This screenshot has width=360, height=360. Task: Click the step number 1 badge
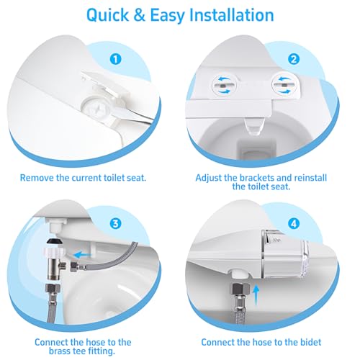[x=116, y=59]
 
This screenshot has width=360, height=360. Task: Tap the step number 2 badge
[x=294, y=59]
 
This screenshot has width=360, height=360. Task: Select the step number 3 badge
[x=116, y=223]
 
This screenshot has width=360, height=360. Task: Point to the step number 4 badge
[x=294, y=224]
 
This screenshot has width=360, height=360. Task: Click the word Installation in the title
[x=232, y=15]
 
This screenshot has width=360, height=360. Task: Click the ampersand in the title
[x=139, y=15]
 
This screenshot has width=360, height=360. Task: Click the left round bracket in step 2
[x=225, y=85]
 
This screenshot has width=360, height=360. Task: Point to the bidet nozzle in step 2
[x=254, y=127]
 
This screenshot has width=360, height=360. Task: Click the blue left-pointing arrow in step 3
[x=82, y=255]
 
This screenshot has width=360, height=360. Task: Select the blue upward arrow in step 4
[x=256, y=294]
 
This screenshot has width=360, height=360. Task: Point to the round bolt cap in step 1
[x=96, y=109]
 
